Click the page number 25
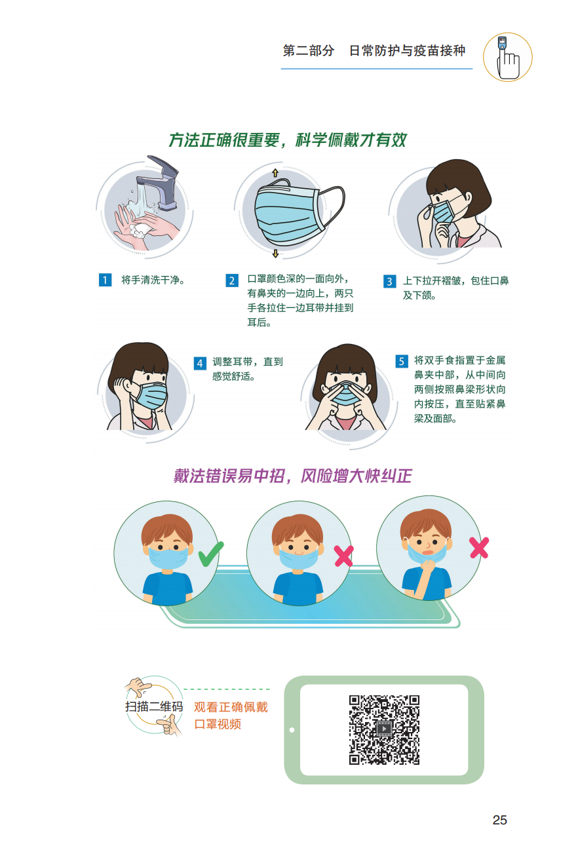click(499, 820)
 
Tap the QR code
click(384, 729)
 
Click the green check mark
click(211, 554)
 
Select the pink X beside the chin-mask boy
click(479, 547)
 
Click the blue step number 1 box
click(105, 280)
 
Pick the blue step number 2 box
click(232, 280)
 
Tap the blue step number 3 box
click(389, 281)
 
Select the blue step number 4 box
click(200, 363)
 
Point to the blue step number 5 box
click(402, 361)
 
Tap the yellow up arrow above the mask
click(275, 173)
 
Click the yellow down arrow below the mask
click(275, 254)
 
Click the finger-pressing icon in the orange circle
click(507, 58)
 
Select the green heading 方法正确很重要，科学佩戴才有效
click(288, 140)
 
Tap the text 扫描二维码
click(154, 707)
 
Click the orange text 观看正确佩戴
click(231, 707)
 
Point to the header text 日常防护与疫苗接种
click(407, 51)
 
